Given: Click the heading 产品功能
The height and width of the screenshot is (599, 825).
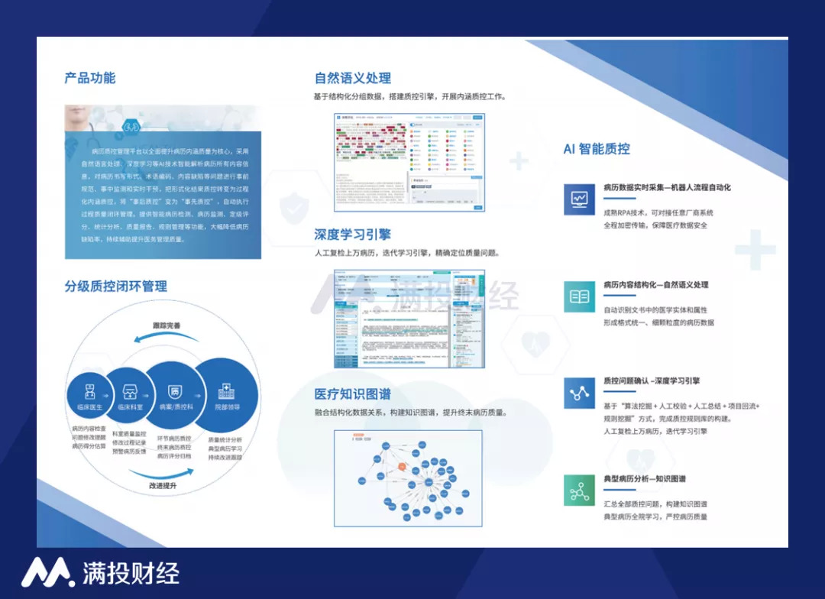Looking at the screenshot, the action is pyautogui.click(x=90, y=78).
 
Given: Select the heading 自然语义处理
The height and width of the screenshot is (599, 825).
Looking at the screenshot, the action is pyautogui.click(x=353, y=78).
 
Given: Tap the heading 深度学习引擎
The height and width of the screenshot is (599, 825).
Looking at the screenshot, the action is pyautogui.click(x=353, y=234).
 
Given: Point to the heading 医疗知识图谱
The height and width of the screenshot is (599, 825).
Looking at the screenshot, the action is pyautogui.click(x=353, y=394).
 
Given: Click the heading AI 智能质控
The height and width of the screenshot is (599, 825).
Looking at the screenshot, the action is pyautogui.click(x=597, y=149).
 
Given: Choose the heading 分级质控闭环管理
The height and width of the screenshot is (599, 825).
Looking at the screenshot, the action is pyautogui.click(x=115, y=287).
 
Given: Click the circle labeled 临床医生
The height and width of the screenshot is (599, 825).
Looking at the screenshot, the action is pyautogui.click(x=89, y=395).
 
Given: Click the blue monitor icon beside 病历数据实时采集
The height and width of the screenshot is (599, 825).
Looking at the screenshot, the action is pyautogui.click(x=579, y=199).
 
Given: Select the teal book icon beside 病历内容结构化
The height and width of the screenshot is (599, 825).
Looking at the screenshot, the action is pyautogui.click(x=579, y=296).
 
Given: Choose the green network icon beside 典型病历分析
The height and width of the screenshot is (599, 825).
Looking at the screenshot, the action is pyautogui.click(x=579, y=490).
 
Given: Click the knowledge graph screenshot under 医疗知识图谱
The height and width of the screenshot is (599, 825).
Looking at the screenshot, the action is pyautogui.click(x=408, y=478).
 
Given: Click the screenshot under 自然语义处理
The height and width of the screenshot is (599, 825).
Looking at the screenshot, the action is pyautogui.click(x=409, y=163).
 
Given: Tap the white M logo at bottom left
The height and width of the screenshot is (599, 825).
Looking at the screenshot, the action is pyautogui.click(x=47, y=572).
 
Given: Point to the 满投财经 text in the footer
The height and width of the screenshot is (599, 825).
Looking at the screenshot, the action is pyautogui.click(x=131, y=573).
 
